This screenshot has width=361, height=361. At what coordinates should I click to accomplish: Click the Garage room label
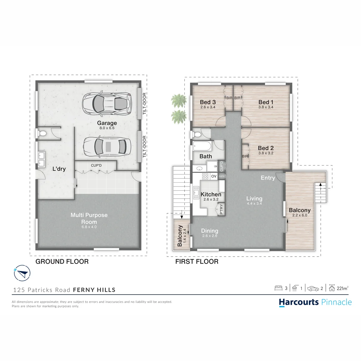[x=107, y=123]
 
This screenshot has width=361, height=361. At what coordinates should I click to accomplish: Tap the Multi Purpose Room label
[x=89, y=218]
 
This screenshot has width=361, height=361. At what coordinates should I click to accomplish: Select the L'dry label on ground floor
[x=59, y=169]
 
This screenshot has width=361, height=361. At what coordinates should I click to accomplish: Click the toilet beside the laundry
[x=42, y=134]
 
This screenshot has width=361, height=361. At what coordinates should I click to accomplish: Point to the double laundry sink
[x=42, y=159]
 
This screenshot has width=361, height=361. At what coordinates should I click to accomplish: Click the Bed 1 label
[x=266, y=102]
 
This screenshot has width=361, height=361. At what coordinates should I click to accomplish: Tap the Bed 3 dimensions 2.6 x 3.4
[x=208, y=107]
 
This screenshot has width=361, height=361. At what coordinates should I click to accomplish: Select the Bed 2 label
[x=266, y=148]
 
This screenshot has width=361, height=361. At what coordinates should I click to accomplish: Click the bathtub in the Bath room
[x=202, y=146]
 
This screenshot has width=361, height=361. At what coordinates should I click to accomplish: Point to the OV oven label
[x=214, y=176]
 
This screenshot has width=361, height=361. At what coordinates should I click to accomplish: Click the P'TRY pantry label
[x=221, y=209]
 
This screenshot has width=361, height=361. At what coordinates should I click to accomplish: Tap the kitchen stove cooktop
[x=205, y=176]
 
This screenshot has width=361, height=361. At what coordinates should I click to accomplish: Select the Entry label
[x=268, y=178]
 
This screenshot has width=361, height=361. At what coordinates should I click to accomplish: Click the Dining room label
[x=210, y=231]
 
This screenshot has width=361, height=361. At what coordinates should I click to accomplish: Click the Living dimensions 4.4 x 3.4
[x=254, y=203]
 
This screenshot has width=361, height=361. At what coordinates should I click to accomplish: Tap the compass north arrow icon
[x=22, y=273]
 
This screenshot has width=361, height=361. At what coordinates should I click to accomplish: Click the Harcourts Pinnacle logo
[x=315, y=302]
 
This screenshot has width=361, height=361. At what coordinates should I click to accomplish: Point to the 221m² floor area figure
[x=342, y=288]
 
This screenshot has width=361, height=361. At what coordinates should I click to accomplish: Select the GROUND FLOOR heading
[x=62, y=261]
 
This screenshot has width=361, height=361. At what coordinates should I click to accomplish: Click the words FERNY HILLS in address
[x=94, y=290]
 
